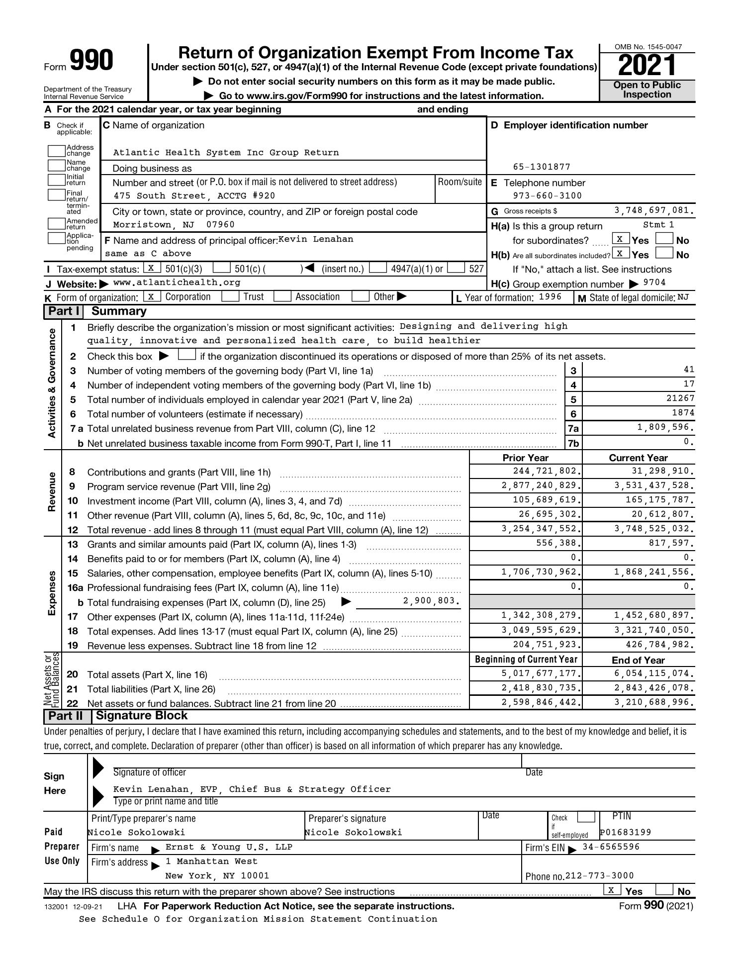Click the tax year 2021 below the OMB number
(x=647, y=65)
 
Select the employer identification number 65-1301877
(x=542, y=167)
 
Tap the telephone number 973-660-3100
(x=547, y=196)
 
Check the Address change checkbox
(x=57, y=150)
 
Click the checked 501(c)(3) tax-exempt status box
(x=151, y=268)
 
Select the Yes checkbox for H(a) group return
(x=620, y=239)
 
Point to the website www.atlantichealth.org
(x=177, y=283)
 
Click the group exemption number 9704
(x=654, y=283)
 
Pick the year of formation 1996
(x=550, y=297)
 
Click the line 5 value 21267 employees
(x=679, y=398)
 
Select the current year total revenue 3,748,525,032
(x=653, y=529)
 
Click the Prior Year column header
(x=525, y=458)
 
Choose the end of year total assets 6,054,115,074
(x=653, y=673)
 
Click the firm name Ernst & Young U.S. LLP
(x=229, y=847)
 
